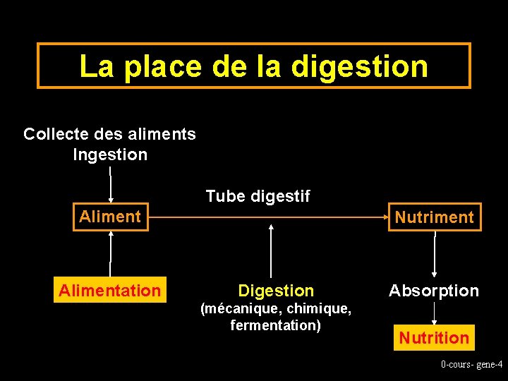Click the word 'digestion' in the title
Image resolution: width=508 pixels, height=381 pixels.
(x=359, y=66)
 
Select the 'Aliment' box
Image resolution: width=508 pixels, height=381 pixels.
(x=111, y=217)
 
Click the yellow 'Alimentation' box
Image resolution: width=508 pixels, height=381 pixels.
(x=110, y=290)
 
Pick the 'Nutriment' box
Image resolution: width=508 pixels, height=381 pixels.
(x=434, y=217)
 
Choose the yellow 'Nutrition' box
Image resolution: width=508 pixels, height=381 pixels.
(x=434, y=338)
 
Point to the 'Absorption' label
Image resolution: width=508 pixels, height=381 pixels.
(x=434, y=291)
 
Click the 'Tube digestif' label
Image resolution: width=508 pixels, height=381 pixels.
(x=258, y=196)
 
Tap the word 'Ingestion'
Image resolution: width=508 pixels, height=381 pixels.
(x=110, y=155)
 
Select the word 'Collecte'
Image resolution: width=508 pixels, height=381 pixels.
(x=54, y=134)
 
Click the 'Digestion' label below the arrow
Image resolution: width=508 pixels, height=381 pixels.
(x=276, y=291)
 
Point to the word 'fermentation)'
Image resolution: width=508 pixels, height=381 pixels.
(x=275, y=325)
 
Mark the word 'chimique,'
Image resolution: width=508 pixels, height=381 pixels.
(x=319, y=308)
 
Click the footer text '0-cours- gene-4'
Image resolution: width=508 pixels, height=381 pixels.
(x=471, y=364)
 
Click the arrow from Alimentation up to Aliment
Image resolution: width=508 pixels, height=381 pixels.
(x=111, y=254)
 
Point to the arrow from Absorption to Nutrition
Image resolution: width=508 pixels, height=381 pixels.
(x=434, y=313)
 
